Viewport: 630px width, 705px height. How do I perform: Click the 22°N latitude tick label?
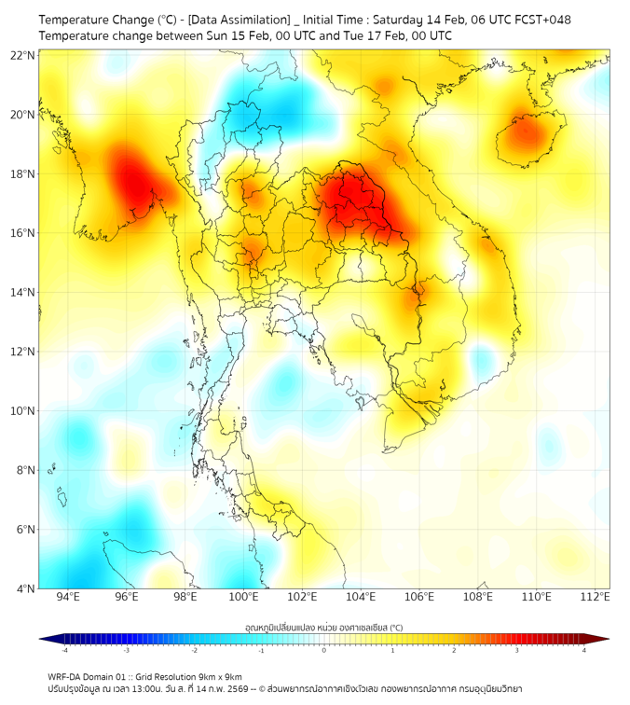pos(23,55)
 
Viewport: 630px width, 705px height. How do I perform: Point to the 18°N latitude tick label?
pos(23,173)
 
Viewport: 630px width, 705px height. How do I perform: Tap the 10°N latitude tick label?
pos(23,410)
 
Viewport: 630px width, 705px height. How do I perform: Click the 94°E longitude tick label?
pos(68,597)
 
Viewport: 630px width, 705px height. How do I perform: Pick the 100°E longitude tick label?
pos(244,597)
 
